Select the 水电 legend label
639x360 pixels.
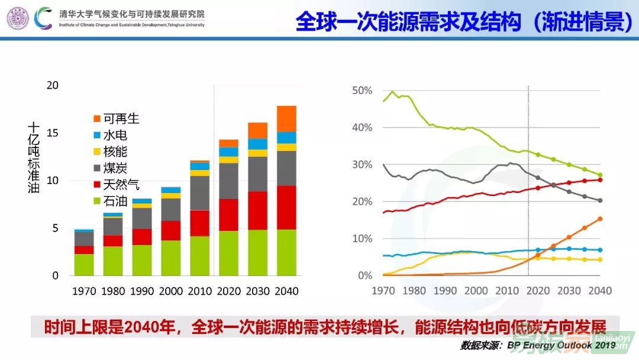[115, 136]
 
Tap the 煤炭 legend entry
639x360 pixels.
[115, 169]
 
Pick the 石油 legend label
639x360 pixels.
[115, 202]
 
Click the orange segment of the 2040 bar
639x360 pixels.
[286, 118]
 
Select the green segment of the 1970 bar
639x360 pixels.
[84, 265]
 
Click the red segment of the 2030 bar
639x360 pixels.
[257, 210]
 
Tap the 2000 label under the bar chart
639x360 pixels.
[171, 291]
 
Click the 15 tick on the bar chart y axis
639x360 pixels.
[53, 133]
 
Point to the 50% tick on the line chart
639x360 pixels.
[362, 91]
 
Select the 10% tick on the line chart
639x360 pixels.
[362, 239]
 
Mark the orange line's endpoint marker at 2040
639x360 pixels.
[599, 218]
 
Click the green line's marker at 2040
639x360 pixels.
[599, 175]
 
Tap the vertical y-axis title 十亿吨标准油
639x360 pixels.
[33, 157]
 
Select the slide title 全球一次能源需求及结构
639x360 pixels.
[408, 22]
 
